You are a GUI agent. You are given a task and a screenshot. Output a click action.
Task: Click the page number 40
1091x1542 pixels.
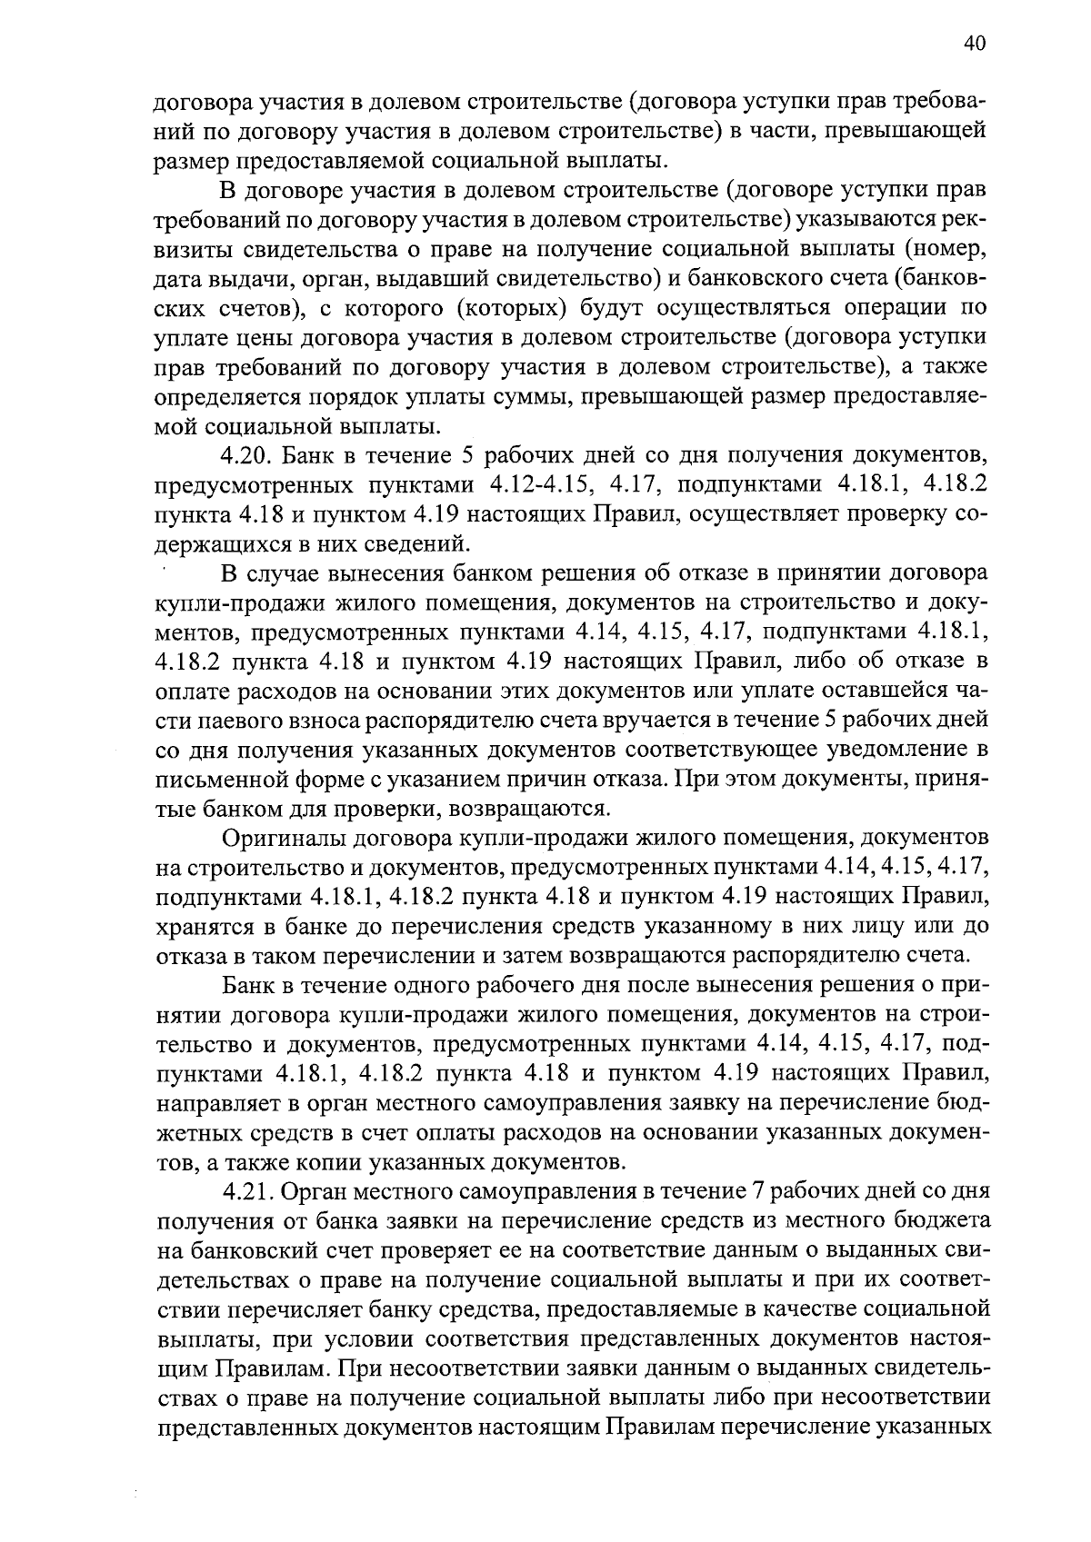972,43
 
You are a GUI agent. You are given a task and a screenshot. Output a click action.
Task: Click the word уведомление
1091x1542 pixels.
879,750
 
